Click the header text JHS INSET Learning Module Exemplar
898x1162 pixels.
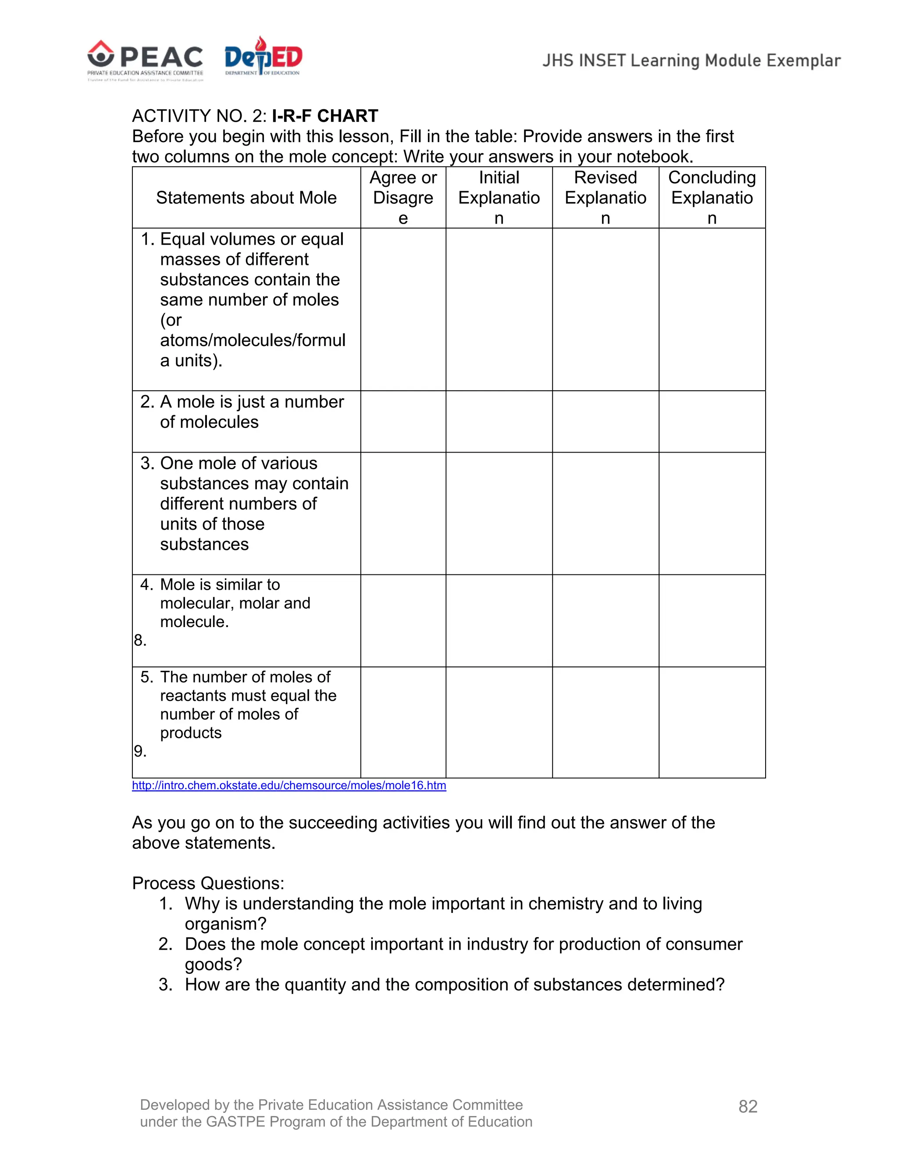(x=691, y=61)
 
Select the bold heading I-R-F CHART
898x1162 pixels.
(x=324, y=116)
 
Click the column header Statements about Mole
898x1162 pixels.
(x=246, y=198)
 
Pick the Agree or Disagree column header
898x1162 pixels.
(x=403, y=198)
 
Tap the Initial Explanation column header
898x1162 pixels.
(x=499, y=198)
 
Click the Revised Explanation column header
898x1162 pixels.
(x=606, y=198)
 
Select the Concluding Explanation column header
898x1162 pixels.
(x=712, y=198)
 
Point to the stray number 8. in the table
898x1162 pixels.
(x=140, y=641)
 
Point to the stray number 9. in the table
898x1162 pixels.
(x=140, y=751)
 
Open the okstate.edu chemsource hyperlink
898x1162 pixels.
(x=289, y=786)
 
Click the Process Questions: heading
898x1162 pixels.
(x=208, y=883)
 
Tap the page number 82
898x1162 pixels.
(x=748, y=1107)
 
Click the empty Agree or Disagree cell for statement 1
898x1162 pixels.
(x=403, y=310)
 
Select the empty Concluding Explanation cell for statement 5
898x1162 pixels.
(x=712, y=723)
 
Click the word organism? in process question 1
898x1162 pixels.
(x=225, y=924)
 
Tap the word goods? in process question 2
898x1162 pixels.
(x=214, y=965)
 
